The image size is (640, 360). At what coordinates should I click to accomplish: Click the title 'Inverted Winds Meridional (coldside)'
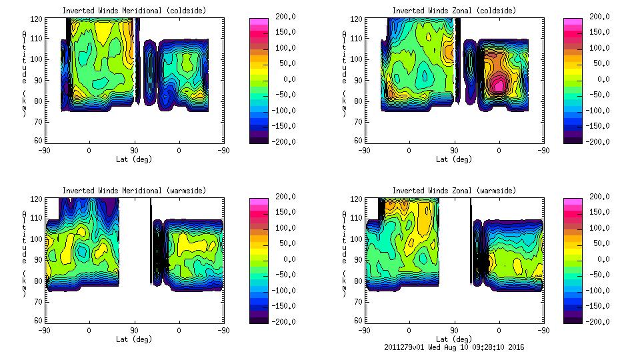point(135,11)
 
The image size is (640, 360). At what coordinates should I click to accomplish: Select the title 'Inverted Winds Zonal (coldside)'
point(454,11)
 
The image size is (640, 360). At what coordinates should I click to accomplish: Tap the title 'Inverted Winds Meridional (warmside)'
point(135,191)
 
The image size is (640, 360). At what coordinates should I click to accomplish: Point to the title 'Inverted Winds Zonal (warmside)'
point(454,191)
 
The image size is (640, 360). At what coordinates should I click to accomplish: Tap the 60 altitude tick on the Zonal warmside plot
point(359,321)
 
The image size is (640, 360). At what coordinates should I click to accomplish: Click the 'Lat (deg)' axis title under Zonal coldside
point(454,159)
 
